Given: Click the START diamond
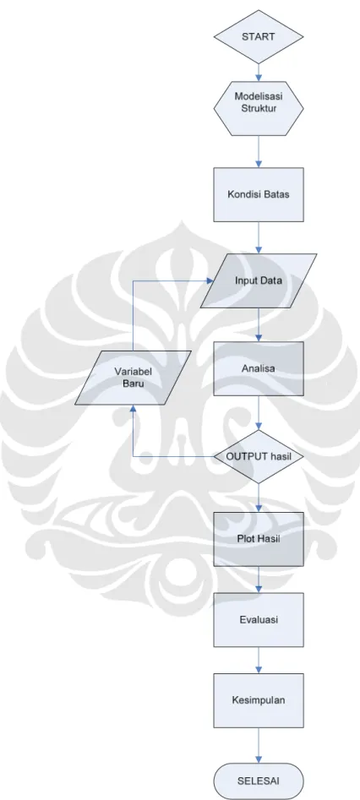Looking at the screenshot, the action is pos(259,36).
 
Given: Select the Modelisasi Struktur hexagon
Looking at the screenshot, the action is pos(259,108).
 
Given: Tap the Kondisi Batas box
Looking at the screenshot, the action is pos(259,194).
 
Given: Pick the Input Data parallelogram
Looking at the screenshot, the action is pos(259,280).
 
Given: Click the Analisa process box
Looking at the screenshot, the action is pos(259,368).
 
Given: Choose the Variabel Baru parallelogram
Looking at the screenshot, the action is pos(134,378).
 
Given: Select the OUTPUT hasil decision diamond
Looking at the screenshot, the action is pos(259,457).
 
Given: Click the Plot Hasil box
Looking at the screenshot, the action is pos(259,539).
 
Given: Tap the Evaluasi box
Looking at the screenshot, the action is pos(259,620).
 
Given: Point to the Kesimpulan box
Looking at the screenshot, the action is pos(259,700).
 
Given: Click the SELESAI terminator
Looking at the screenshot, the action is pos(259,781).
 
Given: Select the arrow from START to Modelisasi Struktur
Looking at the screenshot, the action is pos(259,73).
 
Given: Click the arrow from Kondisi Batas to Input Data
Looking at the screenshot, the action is pos(259,237).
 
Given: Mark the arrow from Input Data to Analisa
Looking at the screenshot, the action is pos(259,325).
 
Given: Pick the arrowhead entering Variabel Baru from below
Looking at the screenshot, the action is pos(133,409).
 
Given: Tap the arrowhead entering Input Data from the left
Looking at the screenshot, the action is pos(210,280).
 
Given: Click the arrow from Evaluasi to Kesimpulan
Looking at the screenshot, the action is pos(259,661).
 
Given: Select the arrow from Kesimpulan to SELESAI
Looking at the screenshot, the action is pos(259,745).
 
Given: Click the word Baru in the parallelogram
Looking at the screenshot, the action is pos(134,384).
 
